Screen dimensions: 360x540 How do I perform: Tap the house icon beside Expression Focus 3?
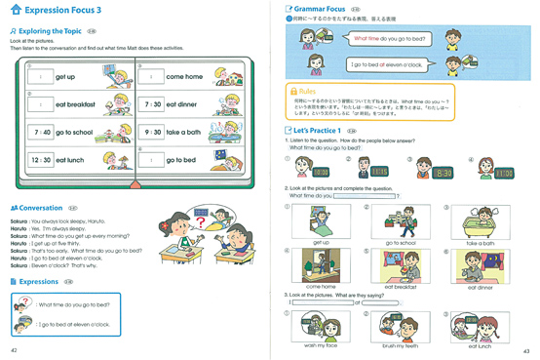point(15,10)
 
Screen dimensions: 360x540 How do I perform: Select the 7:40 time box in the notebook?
point(41,132)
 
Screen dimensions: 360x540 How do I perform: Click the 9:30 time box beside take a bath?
point(152,132)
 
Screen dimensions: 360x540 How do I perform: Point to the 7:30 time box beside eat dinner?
point(152,104)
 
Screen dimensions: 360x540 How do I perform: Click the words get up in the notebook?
point(65,77)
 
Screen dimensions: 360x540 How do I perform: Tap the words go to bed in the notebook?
point(180,160)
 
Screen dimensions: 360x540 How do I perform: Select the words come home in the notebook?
point(184,77)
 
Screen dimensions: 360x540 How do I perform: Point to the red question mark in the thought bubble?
point(202,220)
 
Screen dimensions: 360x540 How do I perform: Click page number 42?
point(14,350)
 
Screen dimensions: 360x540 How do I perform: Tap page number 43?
point(526,350)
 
